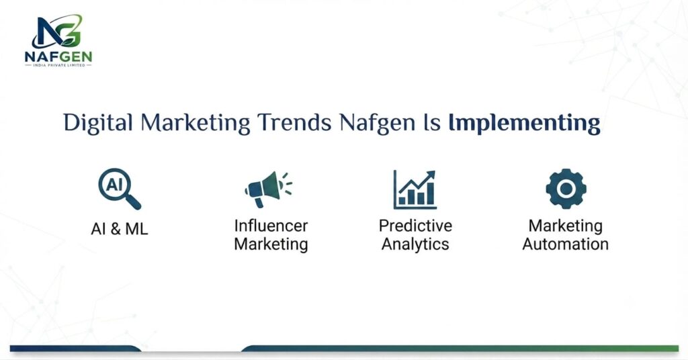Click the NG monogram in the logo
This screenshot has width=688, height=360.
pos(57,31)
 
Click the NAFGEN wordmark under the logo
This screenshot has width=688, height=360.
pos(58,56)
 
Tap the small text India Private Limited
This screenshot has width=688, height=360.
pos(58,65)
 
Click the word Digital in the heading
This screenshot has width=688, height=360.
pos(98,123)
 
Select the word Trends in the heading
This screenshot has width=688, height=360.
pos(294,123)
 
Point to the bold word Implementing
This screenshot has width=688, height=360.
pos(524,124)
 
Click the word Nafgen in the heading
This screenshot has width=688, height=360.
pos(377,124)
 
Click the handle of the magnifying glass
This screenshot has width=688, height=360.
pos(133,202)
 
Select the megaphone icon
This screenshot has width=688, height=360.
pos(267,189)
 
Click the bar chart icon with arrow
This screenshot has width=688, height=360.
pos(415,189)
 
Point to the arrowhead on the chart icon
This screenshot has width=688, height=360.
pos(431,175)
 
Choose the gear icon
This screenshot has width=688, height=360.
pos(566,189)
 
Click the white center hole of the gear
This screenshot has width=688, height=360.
pos(566,189)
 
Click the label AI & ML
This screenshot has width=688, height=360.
pos(120,229)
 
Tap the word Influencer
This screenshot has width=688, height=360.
pos(271,226)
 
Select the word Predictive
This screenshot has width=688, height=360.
pos(415,226)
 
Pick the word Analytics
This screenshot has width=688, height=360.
pos(415,244)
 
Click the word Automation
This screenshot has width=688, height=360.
pos(566,244)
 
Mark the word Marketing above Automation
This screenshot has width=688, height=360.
pos(566,226)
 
